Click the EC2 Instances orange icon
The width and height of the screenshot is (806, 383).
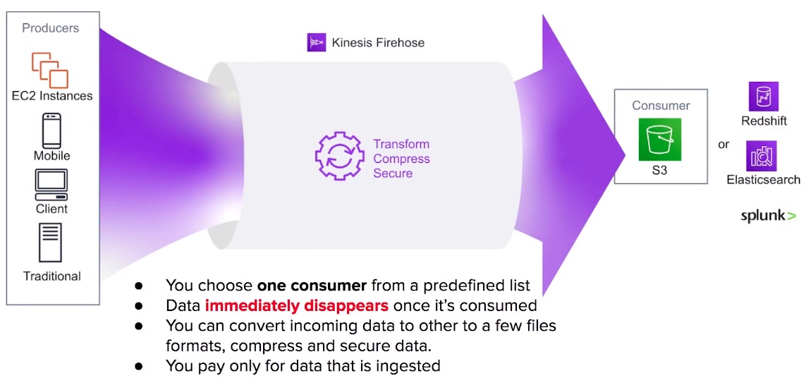coord(50,69)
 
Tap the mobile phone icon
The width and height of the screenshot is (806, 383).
coord(51,131)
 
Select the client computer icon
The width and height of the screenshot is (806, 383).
coord(51,185)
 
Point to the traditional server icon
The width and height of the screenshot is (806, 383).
coord(50,243)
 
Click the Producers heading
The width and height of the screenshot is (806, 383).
coord(50,28)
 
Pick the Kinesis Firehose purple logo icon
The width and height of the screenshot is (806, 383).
coord(317,42)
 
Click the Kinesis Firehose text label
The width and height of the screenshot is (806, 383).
coord(379,42)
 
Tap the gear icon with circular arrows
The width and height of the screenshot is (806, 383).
coord(338,156)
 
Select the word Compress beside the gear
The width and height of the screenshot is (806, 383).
coord(401,159)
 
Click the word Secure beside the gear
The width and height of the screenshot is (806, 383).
coord(393,174)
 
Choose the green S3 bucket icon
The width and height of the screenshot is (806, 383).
coord(660,140)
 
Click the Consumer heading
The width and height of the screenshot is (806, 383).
coord(661,106)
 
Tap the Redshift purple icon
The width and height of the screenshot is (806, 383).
coord(764,97)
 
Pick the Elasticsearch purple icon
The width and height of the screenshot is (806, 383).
coord(762,156)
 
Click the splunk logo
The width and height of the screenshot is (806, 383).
coord(768,216)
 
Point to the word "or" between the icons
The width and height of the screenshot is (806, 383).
coord(723,145)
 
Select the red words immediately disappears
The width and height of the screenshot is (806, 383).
coord(297,306)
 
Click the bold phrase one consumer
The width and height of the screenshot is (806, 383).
coord(312,285)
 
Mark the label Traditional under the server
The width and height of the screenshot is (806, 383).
coord(52,276)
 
